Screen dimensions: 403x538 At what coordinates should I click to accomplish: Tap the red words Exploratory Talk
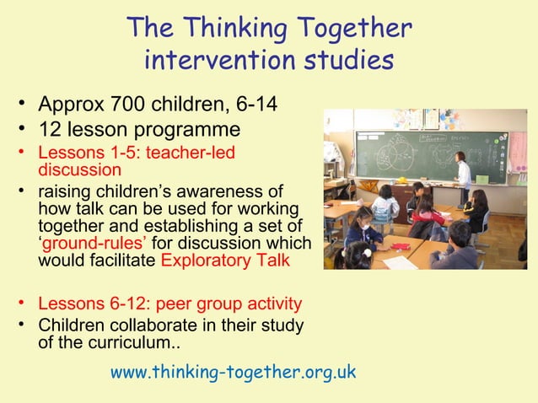[x=225, y=260]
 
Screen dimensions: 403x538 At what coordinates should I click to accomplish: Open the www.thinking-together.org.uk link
[x=234, y=372]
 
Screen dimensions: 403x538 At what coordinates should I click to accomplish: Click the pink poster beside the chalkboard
[x=518, y=153]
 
